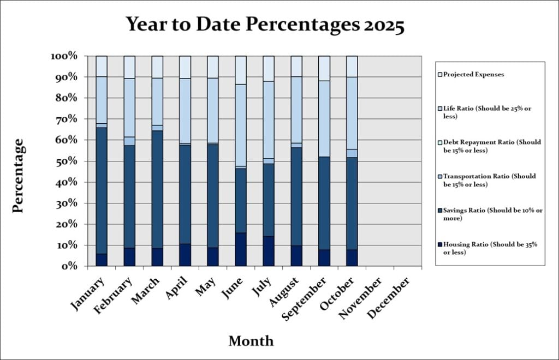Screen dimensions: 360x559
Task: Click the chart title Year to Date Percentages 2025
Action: (x=265, y=25)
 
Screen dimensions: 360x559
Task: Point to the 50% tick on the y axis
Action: (x=68, y=161)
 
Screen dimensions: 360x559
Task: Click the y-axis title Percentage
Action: (x=18, y=176)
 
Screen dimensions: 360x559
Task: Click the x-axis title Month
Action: (x=251, y=341)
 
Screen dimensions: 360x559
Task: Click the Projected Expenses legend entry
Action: (x=473, y=74)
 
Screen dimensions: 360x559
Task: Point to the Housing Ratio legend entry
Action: (x=490, y=248)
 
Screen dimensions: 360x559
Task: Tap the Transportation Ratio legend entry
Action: (x=490, y=180)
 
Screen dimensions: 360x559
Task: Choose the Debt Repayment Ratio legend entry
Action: (x=490, y=146)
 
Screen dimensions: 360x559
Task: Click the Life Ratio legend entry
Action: (x=490, y=112)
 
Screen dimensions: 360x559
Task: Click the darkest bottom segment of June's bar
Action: (x=240, y=249)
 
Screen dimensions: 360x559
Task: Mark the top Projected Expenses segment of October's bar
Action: (x=352, y=66)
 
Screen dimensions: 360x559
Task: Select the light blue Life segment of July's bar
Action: (x=268, y=119)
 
